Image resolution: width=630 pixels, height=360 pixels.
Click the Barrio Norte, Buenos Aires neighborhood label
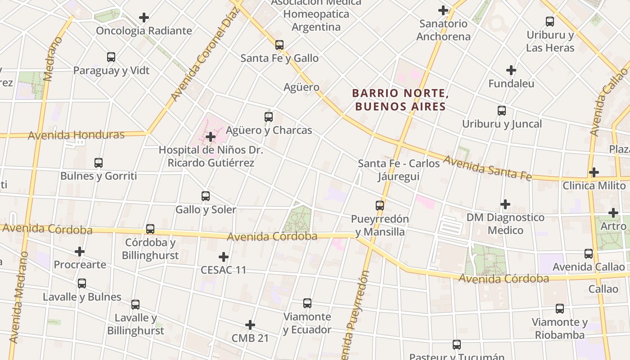(x=400, y=100)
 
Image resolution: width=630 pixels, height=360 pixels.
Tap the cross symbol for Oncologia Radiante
(x=144, y=18)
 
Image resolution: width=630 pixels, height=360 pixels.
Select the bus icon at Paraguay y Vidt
(x=111, y=57)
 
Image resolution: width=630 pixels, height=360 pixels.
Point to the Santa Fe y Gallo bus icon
(x=279, y=45)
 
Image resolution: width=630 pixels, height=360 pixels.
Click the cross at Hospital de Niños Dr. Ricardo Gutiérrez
(x=211, y=137)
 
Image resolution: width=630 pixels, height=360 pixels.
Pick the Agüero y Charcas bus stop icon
(x=269, y=117)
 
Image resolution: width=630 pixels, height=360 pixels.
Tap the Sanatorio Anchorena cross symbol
(x=443, y=10)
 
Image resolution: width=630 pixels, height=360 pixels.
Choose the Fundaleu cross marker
(x=511, y=70)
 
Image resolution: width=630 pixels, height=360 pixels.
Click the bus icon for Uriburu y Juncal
(x=502, y=111)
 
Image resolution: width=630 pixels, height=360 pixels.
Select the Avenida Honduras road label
(x=76, y=135)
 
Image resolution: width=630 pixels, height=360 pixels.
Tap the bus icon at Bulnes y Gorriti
(x=99, y=163)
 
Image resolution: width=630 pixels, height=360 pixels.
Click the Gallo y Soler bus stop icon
(x=206, y=196)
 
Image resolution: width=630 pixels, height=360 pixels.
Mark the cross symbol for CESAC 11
(x=223, y=257)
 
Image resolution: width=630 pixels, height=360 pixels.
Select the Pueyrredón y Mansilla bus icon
(x=380, y=206)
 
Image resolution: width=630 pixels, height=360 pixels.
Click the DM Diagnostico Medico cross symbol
(x=505, y=204)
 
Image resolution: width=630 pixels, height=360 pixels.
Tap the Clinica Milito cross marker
(x=594, y=172)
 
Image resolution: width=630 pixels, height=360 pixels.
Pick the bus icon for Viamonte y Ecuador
(x=307, y=303)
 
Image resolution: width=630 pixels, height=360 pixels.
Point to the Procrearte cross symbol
(x=80, y=252)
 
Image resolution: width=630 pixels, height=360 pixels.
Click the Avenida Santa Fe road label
(x=487, y=168)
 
